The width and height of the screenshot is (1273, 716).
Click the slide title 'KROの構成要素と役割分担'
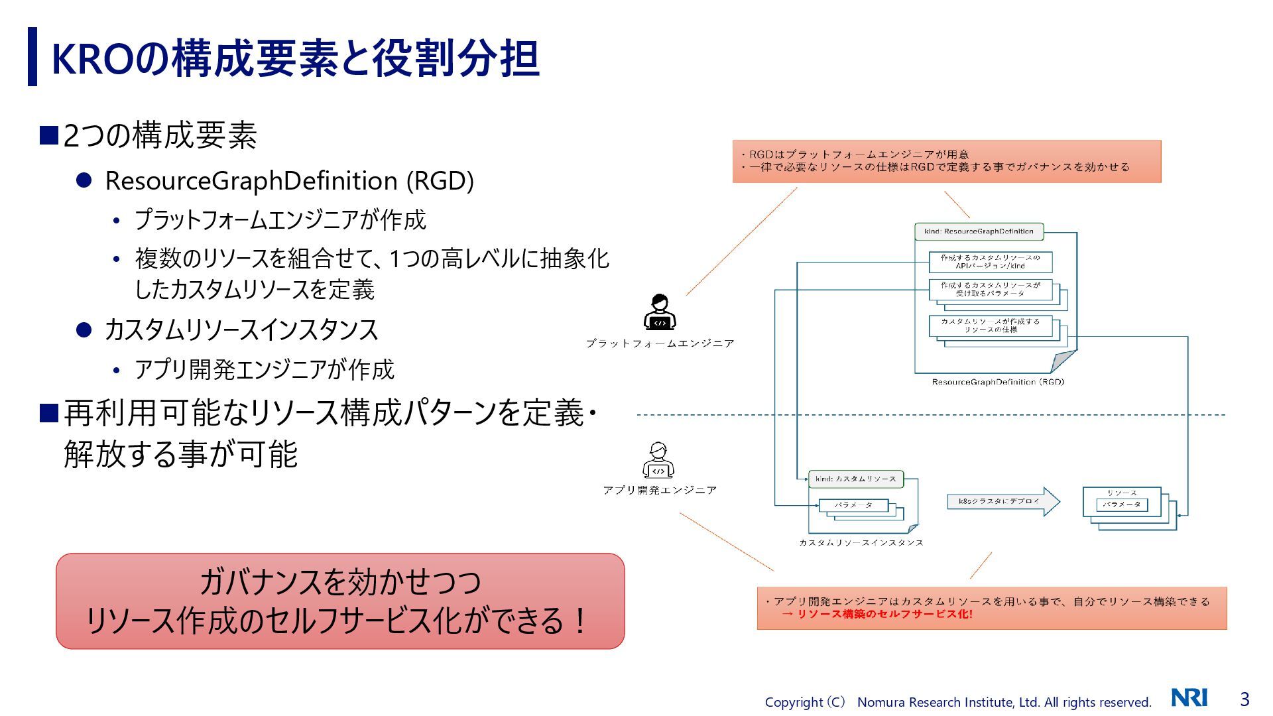click(x=295, y=58)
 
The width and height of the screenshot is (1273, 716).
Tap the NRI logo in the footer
click(x=1189, y=698)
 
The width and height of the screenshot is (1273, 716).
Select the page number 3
click(x=1244, y=699)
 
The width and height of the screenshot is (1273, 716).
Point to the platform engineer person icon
click(x=660, y=312)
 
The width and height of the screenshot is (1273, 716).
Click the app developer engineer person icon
click(x=658, y=460)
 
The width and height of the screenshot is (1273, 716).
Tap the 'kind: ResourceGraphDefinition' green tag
click(x=979, y=231)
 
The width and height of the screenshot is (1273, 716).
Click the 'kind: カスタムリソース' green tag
click(x=855, y=479)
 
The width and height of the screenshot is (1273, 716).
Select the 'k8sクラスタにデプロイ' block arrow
click(x=1003, y=501)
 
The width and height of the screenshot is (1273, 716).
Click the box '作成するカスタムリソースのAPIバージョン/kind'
click(x=990, y=262)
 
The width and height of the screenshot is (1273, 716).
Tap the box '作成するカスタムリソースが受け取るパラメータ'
click(x=990, y=289)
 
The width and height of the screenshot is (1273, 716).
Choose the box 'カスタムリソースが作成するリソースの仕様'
click(x=990, y=326)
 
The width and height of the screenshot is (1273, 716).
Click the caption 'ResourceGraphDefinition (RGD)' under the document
click(x=997, y=382)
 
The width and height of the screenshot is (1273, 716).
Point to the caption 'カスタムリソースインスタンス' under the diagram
click(x=861, y=542)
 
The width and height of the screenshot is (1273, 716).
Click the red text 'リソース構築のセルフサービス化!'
click(x=884, y=615)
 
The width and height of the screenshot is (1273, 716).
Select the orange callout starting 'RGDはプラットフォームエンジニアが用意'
click(x=946, y=161)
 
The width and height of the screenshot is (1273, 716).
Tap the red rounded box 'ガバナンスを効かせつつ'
click(x=340, y=601)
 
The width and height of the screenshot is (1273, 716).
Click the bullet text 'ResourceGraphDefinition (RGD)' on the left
click(x=289, y=181)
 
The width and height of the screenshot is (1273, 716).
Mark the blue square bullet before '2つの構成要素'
click(x=49, y=135)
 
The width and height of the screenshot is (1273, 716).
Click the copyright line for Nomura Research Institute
click(x=957, y=702)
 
